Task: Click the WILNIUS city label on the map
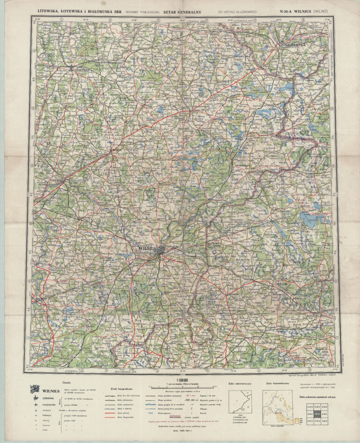[x=149, y=248]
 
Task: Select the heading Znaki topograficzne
[x=124, y=389]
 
